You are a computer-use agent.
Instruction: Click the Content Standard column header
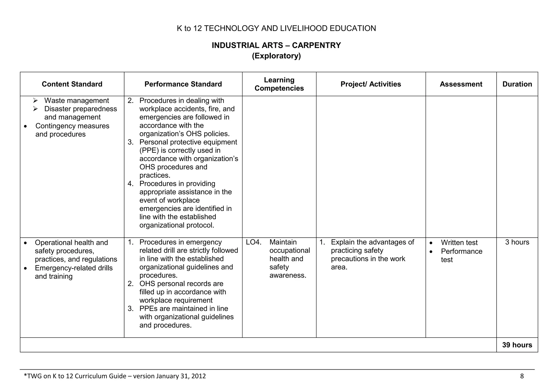tap(72, 84)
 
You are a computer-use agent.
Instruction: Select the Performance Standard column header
tap(183, 84)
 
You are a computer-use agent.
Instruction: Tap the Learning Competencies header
tap(279, 84)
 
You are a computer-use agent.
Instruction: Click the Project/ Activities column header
tap(371, 84)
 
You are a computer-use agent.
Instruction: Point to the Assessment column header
tap(461, 84)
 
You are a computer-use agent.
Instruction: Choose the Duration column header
tap(517, 84)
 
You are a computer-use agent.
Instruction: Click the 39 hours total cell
tap(517, 345)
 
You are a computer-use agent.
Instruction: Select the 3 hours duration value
tap(517, 242)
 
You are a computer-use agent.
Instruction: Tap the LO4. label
tap(254, 242)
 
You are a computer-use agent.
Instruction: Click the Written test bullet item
tap(459, 243)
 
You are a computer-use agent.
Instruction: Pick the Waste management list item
tap(76, 101)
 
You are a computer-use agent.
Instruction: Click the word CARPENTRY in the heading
tap(316, 45)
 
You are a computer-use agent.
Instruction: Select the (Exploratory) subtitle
tap(276, 56)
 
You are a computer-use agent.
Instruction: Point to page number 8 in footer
tap(522, 376)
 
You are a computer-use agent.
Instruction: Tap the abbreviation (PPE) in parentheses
tap(149, 150)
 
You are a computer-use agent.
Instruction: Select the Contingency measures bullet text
tap(72, 126)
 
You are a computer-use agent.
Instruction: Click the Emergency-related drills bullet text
tap(74, 268)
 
